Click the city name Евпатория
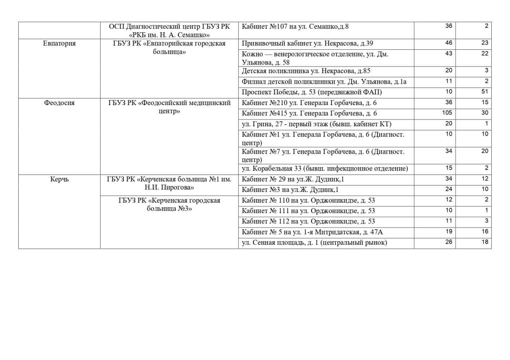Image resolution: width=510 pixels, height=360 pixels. point(59,43)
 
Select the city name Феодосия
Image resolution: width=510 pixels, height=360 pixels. point(59,103)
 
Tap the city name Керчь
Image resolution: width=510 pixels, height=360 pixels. point(59,179)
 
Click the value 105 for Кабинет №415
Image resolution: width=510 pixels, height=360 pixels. point(447,113)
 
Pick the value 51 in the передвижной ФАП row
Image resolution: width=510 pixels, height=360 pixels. point(484,92)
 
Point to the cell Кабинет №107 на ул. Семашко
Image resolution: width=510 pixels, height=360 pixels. point(295,26)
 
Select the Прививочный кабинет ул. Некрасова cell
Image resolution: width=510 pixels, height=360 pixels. point(307,43)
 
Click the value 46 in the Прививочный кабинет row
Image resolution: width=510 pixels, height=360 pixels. point(449,43)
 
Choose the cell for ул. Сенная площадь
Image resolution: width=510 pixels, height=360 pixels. point(314,242)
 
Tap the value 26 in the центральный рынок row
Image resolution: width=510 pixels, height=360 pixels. point(449,242)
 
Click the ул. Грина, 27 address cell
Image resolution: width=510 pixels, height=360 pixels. point(316,124)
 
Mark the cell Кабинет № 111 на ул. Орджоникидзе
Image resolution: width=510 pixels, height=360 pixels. point(308,211)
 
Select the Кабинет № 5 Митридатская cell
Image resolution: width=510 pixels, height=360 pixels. point(312,232)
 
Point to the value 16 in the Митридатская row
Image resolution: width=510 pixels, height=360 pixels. point(484,231)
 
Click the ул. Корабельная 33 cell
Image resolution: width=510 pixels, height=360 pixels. point(325,168)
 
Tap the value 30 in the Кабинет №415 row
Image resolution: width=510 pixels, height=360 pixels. point(484,113)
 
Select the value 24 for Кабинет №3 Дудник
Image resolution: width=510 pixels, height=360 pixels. point(449,189)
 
